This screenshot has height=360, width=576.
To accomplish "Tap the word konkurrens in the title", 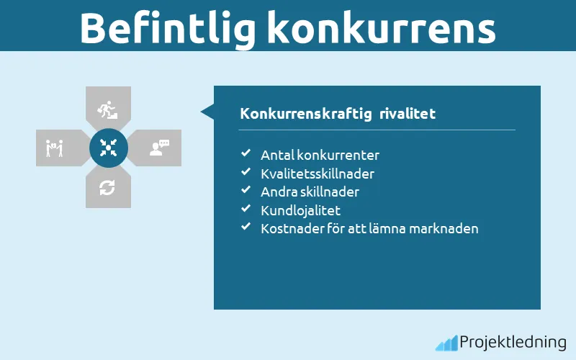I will click(x=381, y=28).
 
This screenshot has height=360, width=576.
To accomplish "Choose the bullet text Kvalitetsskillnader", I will click(x=318, y=174).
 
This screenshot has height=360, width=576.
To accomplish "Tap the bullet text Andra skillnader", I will click(x=310, y=192).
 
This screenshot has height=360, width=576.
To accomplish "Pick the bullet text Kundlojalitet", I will click(x=300, y=211).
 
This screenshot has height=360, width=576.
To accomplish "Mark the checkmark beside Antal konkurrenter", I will click(x=246, y=154).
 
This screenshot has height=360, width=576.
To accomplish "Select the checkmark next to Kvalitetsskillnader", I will click(x=246, y=173).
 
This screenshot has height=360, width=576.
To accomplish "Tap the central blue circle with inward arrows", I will click(x=109, y=148).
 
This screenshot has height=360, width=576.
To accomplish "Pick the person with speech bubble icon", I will click(x=158, y=148).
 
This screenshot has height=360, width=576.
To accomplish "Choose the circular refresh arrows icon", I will click(x=108, y=188).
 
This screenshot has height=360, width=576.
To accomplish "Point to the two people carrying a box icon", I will click(x=55, y=148).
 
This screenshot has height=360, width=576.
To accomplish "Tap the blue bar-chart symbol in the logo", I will click(x=446, y=343).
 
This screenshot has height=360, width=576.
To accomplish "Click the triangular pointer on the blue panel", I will click(x=207, y=112).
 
